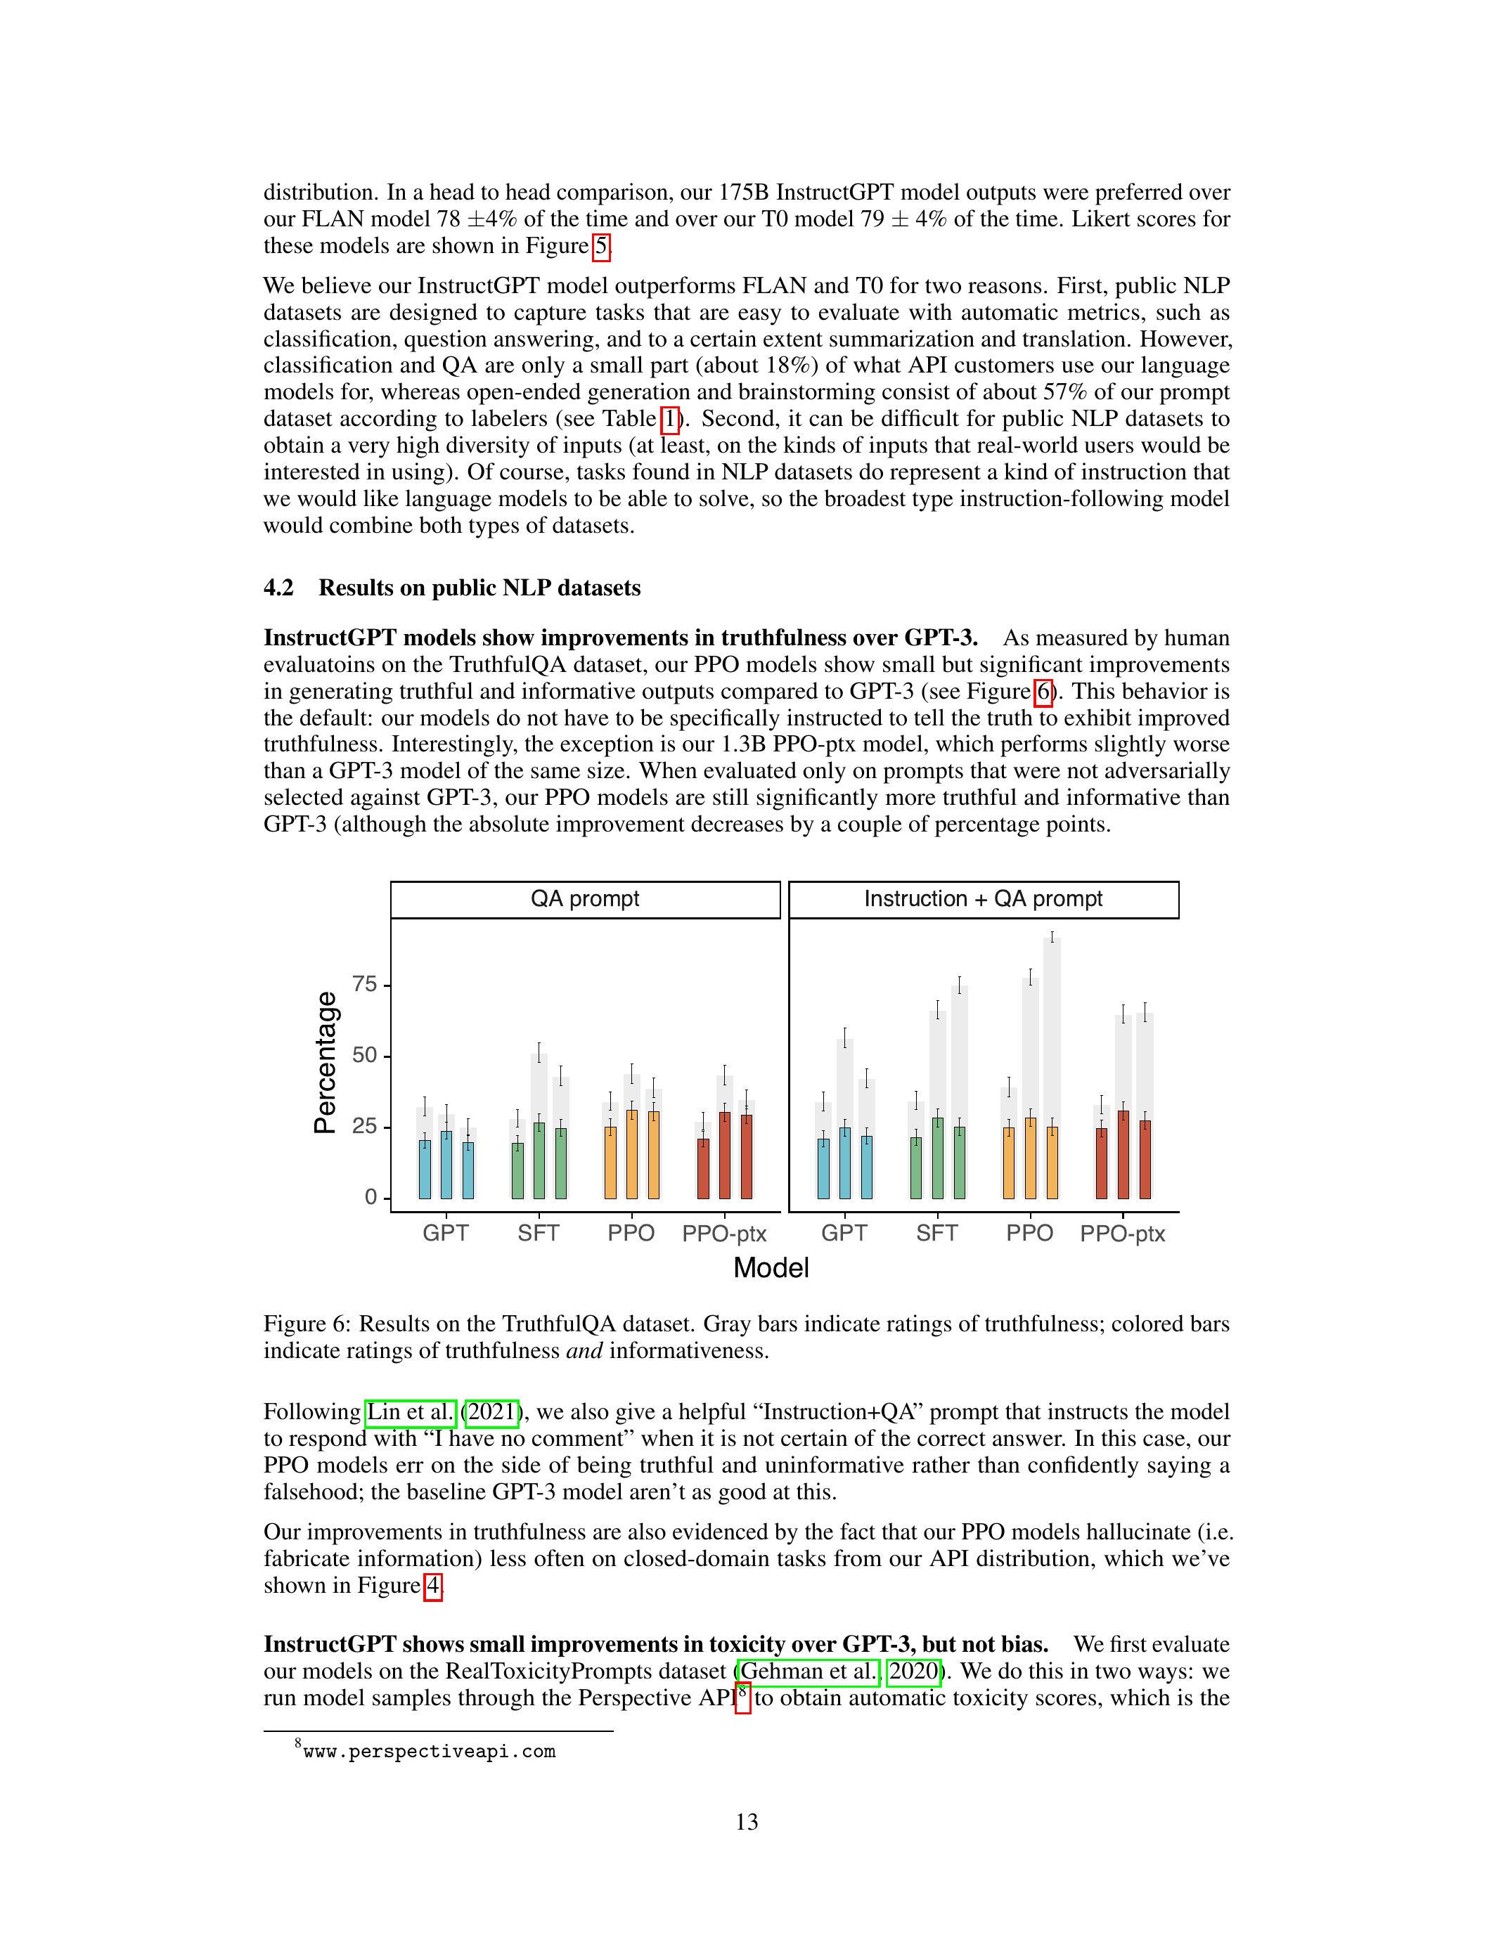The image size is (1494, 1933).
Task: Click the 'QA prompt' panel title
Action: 585,899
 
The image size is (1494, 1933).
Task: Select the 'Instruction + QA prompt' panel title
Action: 984,899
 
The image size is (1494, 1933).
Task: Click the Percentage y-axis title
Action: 326,1062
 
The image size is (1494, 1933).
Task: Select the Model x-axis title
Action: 771,1267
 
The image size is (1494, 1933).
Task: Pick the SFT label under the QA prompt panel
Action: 538,1233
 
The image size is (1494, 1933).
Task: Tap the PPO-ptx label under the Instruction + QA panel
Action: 1122,1234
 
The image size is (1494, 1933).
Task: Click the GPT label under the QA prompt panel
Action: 445,1233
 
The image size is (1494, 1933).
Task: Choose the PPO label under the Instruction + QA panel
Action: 1029,1233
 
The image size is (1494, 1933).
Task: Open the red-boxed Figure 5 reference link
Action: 601,245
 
